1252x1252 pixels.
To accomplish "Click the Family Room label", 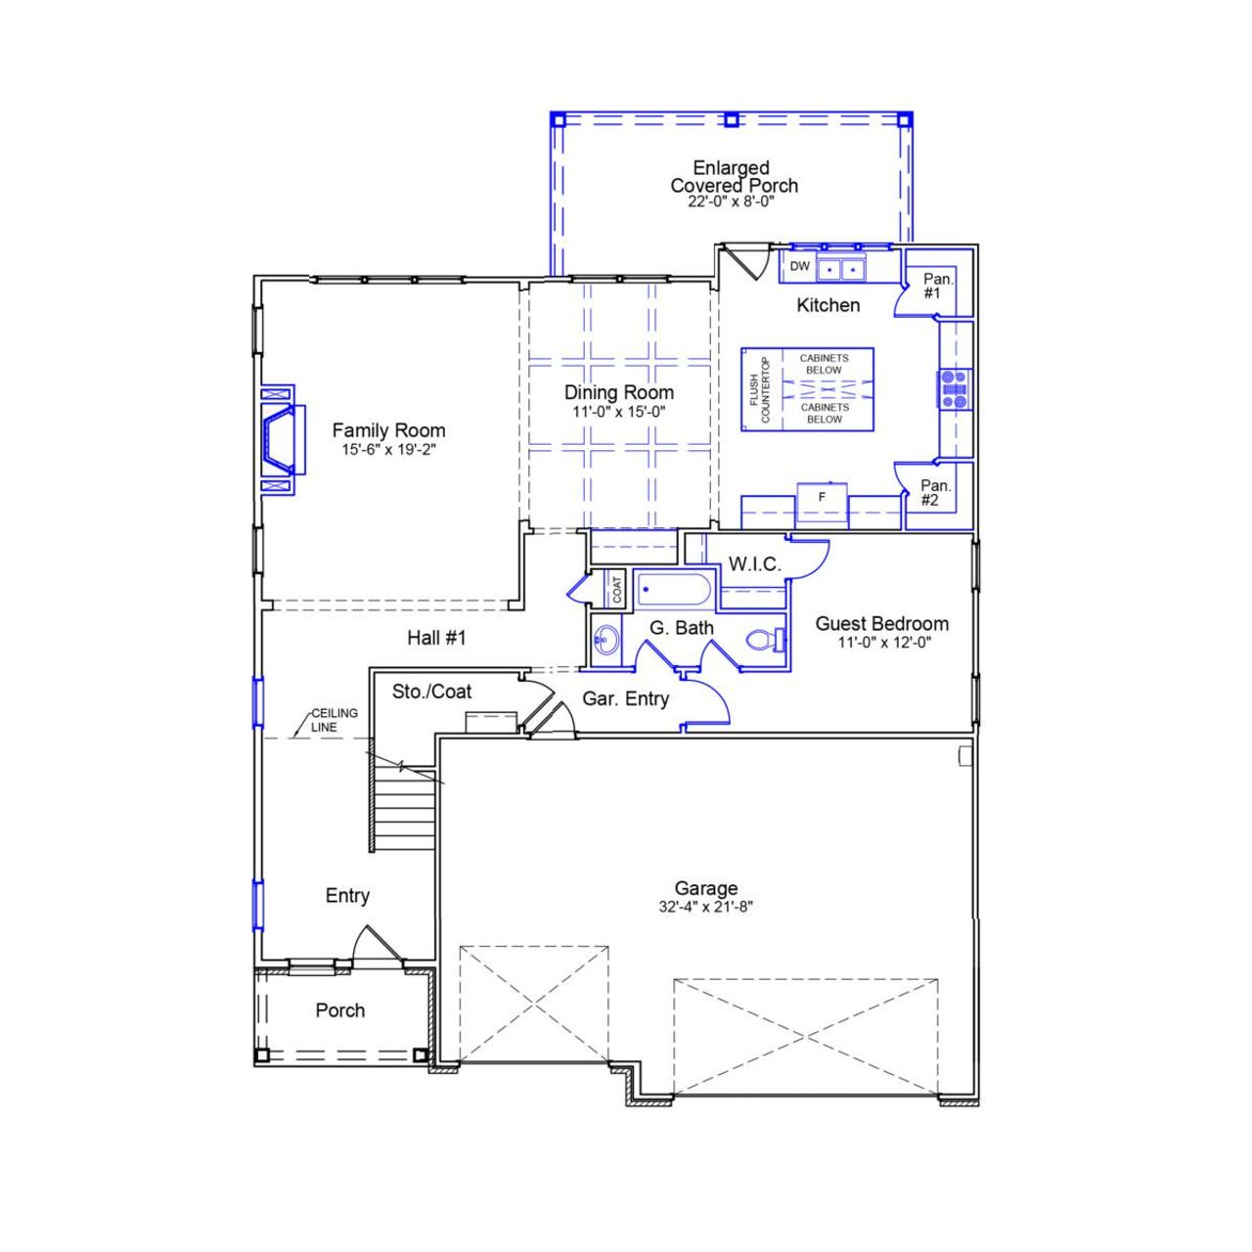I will click(388, 430).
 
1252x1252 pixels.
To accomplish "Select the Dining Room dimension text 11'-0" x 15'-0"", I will click(619, 412).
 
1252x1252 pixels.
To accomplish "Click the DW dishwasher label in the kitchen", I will click(800, 266).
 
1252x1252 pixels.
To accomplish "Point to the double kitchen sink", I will click(841, 268).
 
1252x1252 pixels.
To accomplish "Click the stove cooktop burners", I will click(954, 388).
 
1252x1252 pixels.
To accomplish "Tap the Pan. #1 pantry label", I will click(937, 286).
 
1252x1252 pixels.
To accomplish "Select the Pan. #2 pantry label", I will click(935, 492).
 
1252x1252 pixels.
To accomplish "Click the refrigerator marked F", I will click(822, 499).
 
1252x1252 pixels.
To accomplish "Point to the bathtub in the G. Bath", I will click(675, 591).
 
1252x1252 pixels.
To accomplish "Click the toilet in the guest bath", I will click(764, 642).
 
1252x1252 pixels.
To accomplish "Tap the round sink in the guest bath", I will click(605, 642).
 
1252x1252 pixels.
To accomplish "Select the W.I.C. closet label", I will click(754, 564).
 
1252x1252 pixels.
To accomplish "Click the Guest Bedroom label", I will click(881, 623).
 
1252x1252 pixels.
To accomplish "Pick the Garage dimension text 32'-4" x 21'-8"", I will click(705, 907).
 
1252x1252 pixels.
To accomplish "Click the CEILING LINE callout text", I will click(334, 720).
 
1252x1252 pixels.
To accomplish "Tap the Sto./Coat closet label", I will click(431, 692).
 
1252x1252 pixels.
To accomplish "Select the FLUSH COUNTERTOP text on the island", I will click(760, 388).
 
